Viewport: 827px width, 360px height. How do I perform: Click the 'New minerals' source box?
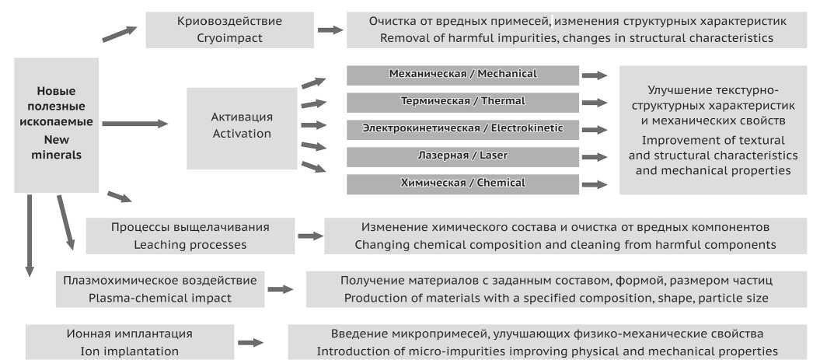point(57,124)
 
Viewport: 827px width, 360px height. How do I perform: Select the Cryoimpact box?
point(229,30)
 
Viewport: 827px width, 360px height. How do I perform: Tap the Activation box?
point(242,125)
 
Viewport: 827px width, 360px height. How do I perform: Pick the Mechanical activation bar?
point(462,75)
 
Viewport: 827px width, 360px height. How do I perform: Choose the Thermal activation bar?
point(462,102)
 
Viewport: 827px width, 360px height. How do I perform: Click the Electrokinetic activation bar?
point(462,128)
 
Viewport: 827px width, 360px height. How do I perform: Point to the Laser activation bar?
point(462,156)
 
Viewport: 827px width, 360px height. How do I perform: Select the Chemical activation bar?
point(462,183)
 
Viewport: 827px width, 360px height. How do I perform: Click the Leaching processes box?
point(180,236)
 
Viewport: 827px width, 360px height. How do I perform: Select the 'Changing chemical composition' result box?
point(565,236)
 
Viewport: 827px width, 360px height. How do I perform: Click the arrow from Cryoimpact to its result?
point(330,30)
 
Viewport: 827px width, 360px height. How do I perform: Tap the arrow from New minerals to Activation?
point(134,123)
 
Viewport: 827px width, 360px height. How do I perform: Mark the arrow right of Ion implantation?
point(250,342)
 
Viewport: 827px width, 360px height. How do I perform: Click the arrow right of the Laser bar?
point(595,157)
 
